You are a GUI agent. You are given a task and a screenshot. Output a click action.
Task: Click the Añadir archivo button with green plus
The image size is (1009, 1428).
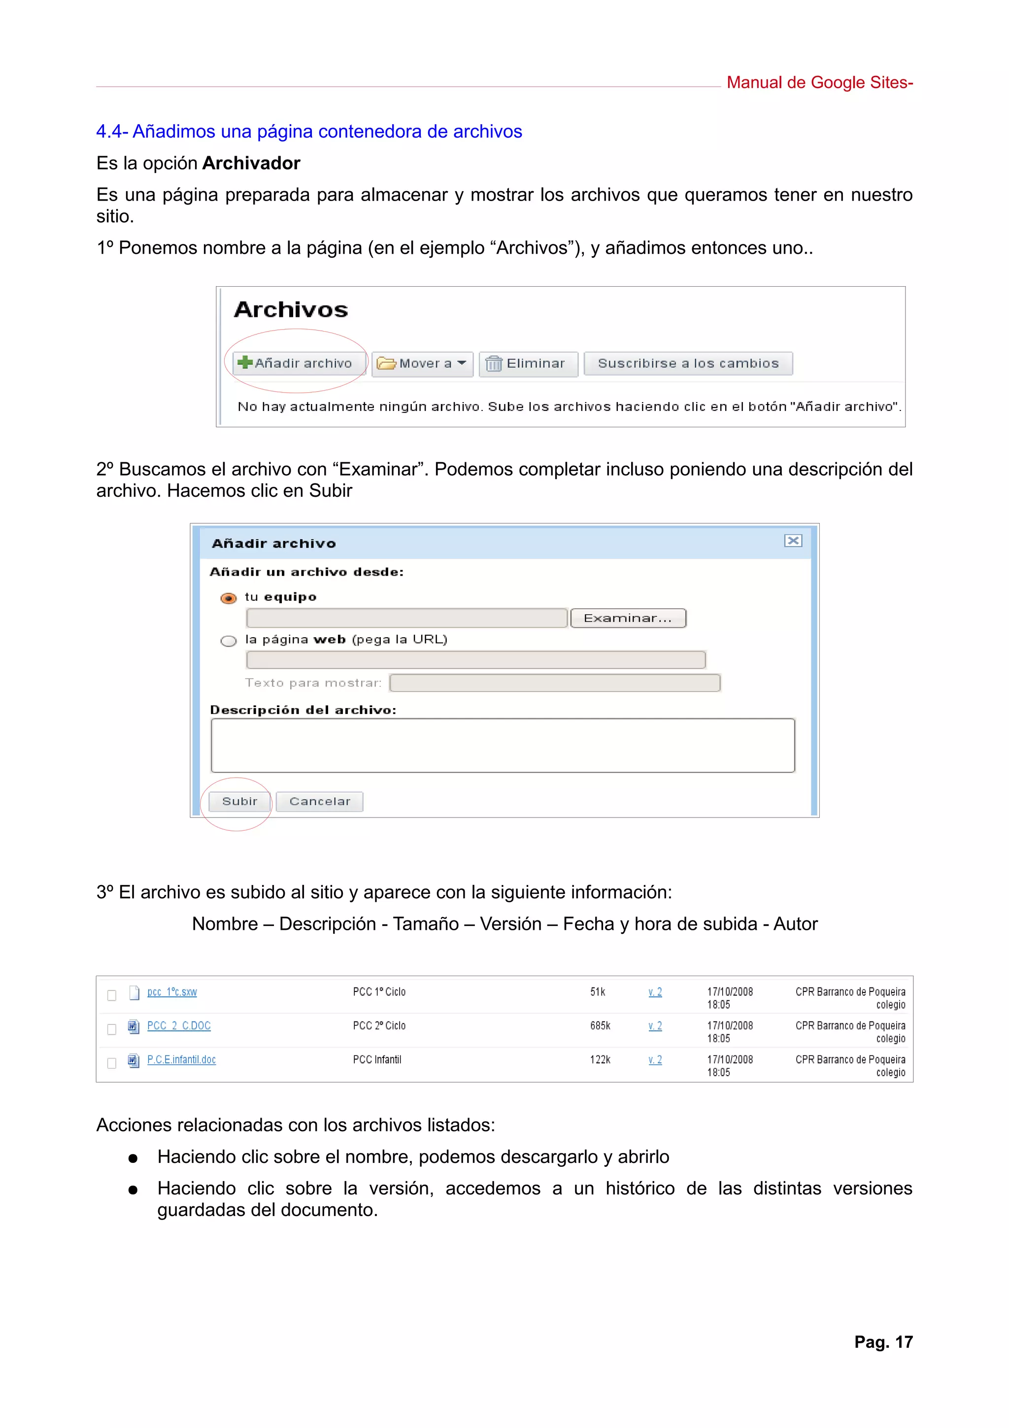[296, 363]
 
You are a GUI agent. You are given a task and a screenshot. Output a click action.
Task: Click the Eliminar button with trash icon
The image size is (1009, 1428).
[528, 363]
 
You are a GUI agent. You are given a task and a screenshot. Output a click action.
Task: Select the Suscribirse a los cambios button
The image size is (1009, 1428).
[688, 363]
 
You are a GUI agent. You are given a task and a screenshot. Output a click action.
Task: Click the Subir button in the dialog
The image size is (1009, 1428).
[239, 801]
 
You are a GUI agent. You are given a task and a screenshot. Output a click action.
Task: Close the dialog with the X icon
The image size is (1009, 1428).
[793, 541]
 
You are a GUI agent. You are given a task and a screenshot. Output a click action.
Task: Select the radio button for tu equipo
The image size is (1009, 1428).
[229, 598]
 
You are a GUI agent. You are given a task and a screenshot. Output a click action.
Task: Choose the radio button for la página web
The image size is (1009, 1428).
[229, 641]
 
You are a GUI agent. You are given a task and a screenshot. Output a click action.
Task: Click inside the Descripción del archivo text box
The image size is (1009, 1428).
[503, 745]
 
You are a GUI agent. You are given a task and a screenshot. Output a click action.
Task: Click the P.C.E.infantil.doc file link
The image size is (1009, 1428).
[181, 1060]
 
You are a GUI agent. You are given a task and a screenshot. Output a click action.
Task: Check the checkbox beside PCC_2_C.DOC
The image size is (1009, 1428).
[112, 1029]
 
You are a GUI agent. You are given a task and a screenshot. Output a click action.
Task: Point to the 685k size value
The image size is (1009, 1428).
[600, 1025]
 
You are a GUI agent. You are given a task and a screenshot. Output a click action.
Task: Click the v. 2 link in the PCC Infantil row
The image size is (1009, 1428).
[655, 1060]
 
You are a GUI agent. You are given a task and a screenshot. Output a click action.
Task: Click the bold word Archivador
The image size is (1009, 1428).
[251, 163]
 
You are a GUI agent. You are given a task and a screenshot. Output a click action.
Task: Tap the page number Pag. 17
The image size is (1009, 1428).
[883, 1342]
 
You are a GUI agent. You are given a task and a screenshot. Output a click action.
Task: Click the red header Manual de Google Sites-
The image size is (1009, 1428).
[819, 83]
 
